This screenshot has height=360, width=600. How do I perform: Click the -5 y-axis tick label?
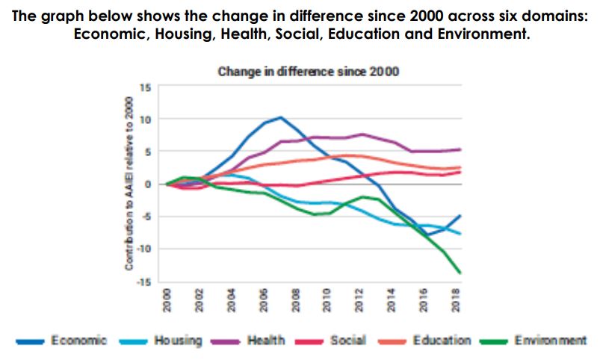(147, 217)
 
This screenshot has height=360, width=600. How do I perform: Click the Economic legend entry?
(78, 341)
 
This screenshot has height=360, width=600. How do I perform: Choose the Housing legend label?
(178, 341)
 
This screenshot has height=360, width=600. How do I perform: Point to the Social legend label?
(349, 341)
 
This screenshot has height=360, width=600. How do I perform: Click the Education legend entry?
(442, 341)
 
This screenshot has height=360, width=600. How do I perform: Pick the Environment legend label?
(549, 341)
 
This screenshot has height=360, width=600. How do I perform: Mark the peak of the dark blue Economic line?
(280, 117)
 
